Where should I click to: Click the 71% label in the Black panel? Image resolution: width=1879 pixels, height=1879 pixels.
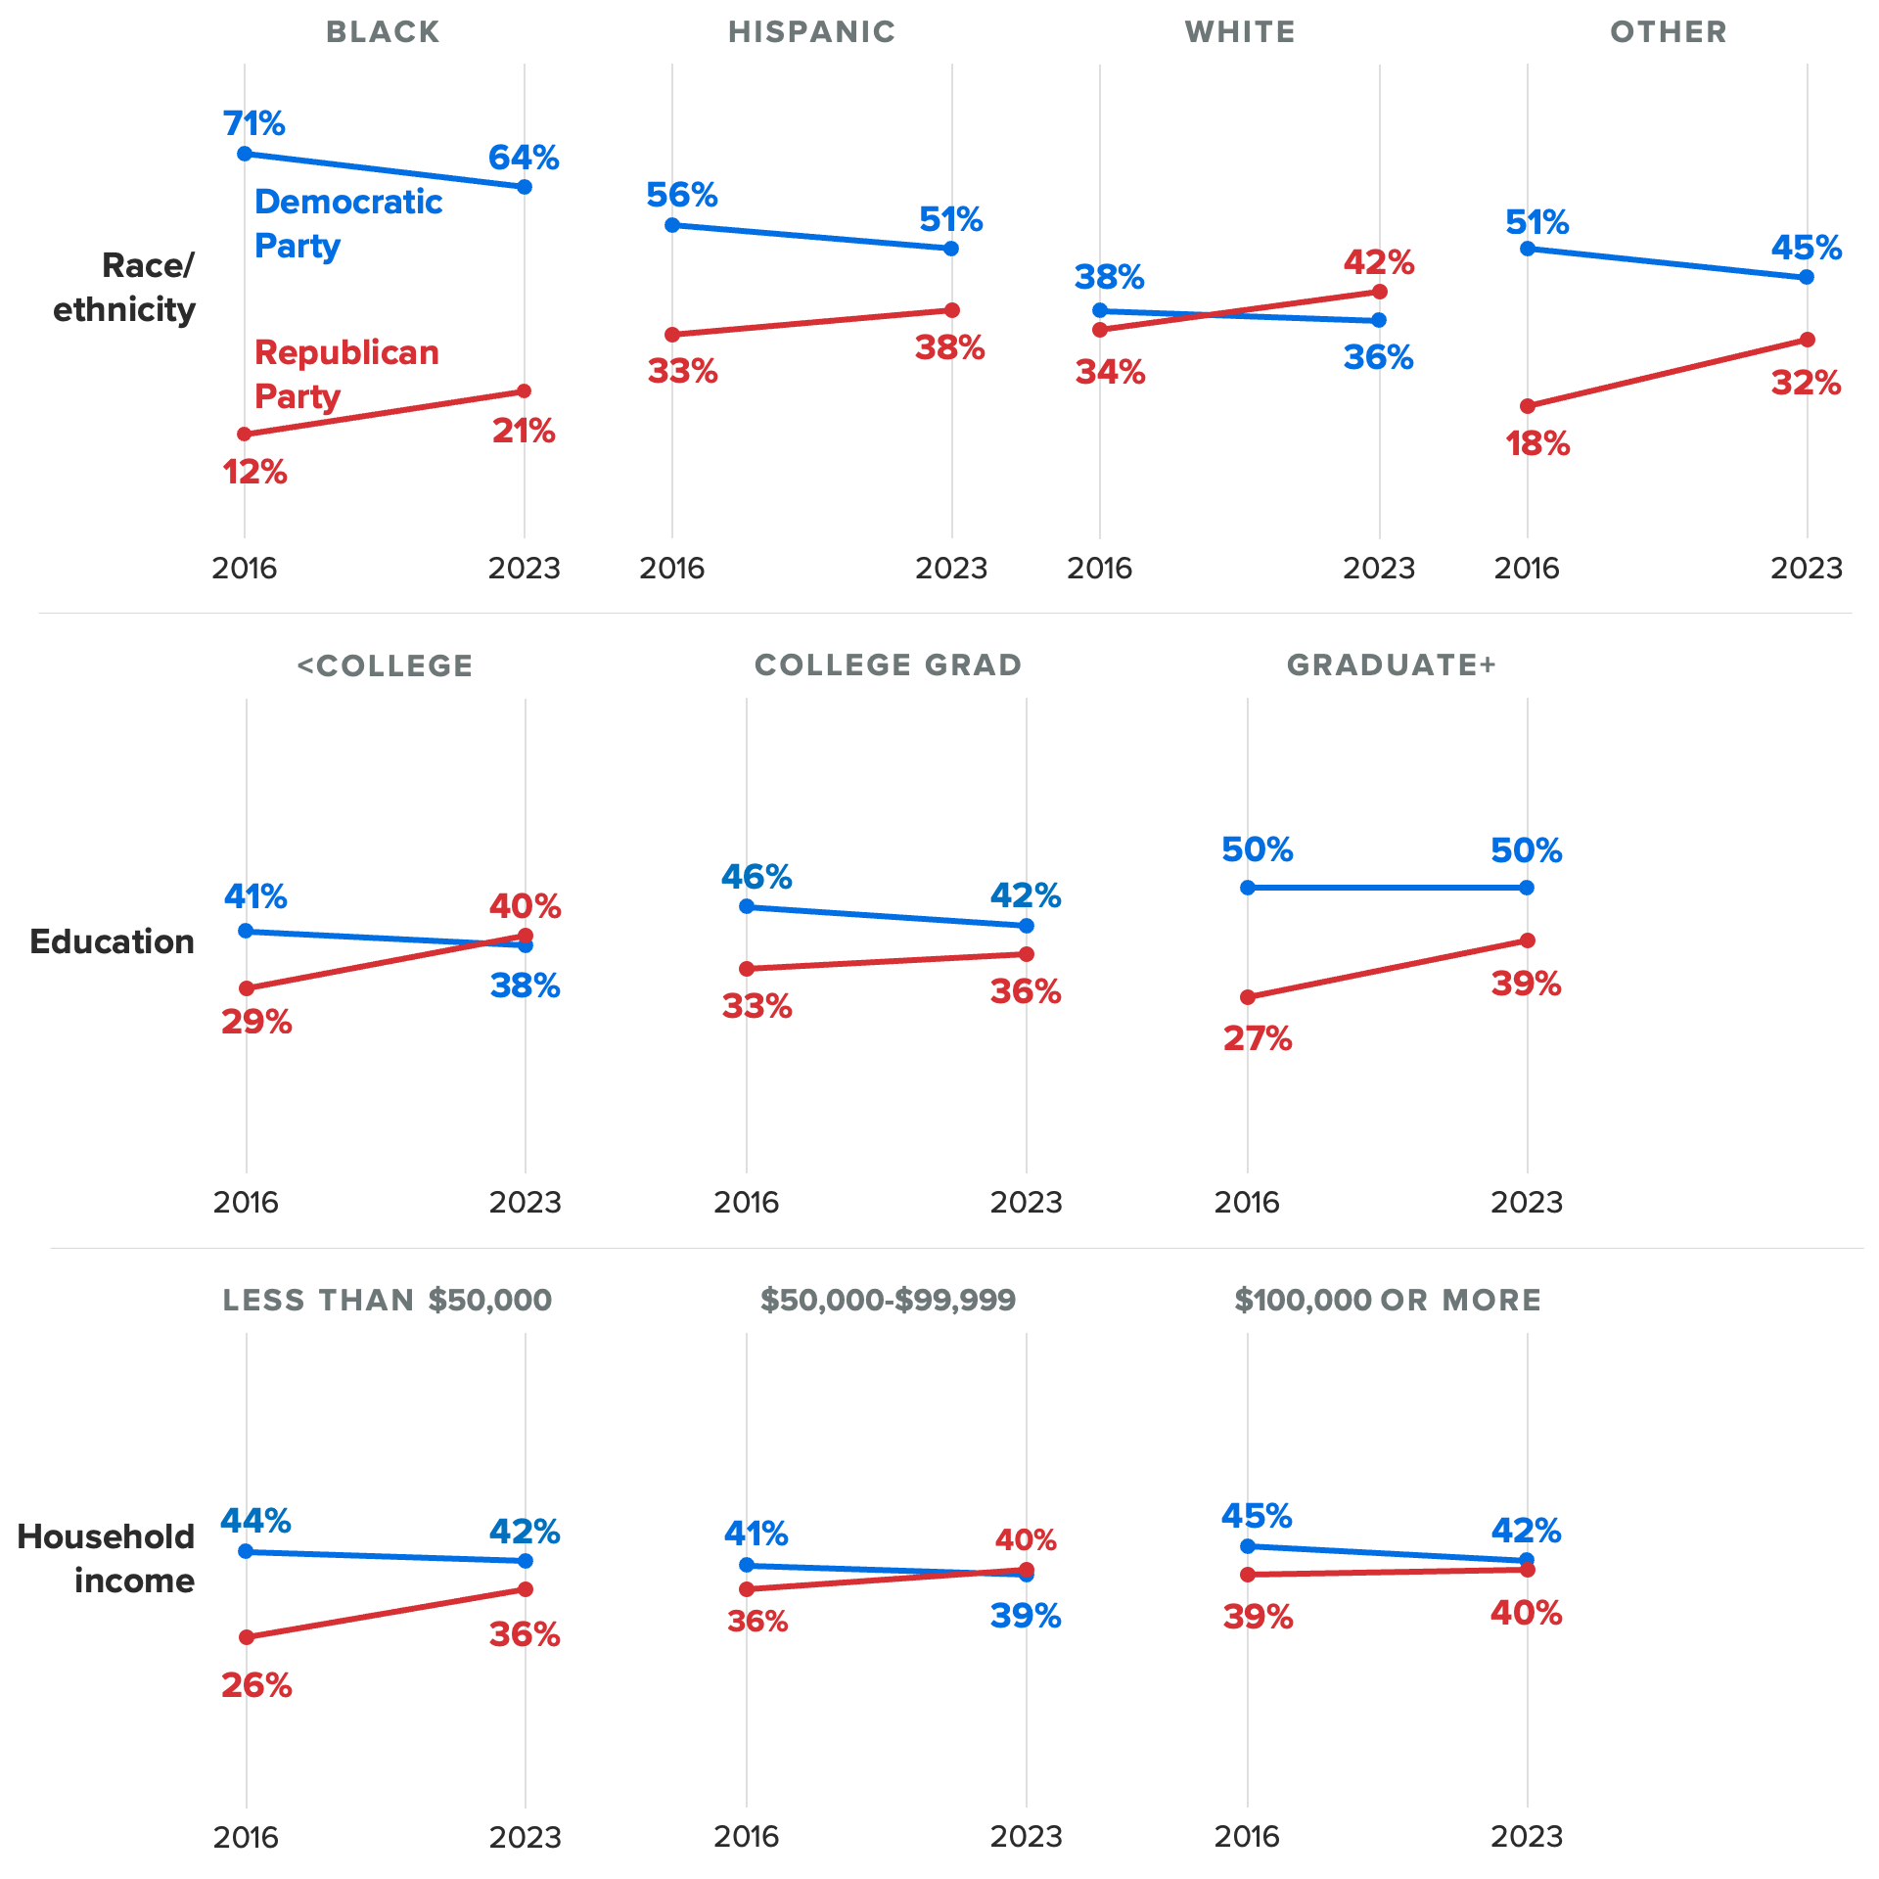253,124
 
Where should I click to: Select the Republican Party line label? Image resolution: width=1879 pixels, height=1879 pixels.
346,374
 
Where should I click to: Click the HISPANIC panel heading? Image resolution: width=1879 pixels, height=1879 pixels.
811,32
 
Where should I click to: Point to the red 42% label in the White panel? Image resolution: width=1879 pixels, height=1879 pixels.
1378,262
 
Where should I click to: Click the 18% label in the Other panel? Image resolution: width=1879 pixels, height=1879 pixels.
1536,444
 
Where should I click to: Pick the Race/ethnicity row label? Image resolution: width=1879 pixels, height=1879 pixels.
124,288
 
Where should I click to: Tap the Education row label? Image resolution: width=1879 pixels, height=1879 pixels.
113,941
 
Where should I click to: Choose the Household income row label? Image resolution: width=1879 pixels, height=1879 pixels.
107,1558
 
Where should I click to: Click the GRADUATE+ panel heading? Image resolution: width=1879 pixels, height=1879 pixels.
1391,665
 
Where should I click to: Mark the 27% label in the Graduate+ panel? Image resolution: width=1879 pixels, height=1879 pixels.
1258,1038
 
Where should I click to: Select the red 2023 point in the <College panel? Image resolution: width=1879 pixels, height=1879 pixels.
526,936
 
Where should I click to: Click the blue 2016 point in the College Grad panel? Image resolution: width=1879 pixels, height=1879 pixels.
747,906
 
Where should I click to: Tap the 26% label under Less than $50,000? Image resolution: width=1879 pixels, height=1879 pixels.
256,1685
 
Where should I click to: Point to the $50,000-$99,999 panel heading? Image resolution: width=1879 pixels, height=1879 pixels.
888,1300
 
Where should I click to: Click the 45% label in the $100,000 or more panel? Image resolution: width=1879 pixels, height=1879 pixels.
1257,1517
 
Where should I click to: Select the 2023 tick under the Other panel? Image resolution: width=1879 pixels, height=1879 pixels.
1807,569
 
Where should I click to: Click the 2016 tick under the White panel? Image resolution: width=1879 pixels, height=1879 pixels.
1099,569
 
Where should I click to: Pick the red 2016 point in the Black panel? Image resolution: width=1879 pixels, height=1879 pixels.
245,434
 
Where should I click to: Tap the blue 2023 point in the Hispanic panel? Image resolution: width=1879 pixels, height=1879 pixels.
951,249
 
